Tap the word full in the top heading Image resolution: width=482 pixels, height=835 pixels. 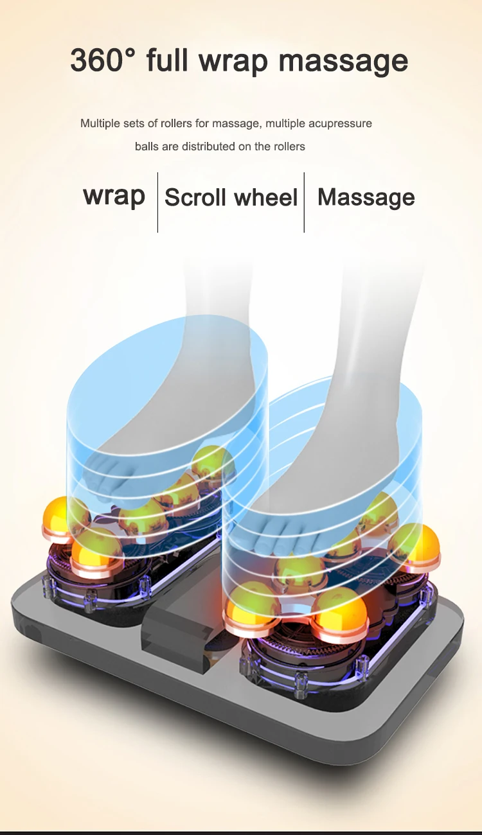pyautogui.click(x=169, y=61)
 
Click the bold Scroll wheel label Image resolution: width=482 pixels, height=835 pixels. pyautogui.click(x=231, y=197)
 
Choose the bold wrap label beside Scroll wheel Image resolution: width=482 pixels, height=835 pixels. pyautogui.click(x=114, y=196)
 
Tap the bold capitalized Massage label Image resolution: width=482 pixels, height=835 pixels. pyautogui.click(x=366, y=197)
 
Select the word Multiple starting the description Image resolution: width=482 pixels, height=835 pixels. pyautogui.click(x=100, y=123)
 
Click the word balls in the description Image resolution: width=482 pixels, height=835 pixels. pyautogui.click(x=147, y=146)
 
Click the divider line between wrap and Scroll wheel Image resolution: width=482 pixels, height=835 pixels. pyautogui.click(x=157, y=202)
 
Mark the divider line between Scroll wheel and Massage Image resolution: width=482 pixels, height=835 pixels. pyautogui.click(x=304, y=202)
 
